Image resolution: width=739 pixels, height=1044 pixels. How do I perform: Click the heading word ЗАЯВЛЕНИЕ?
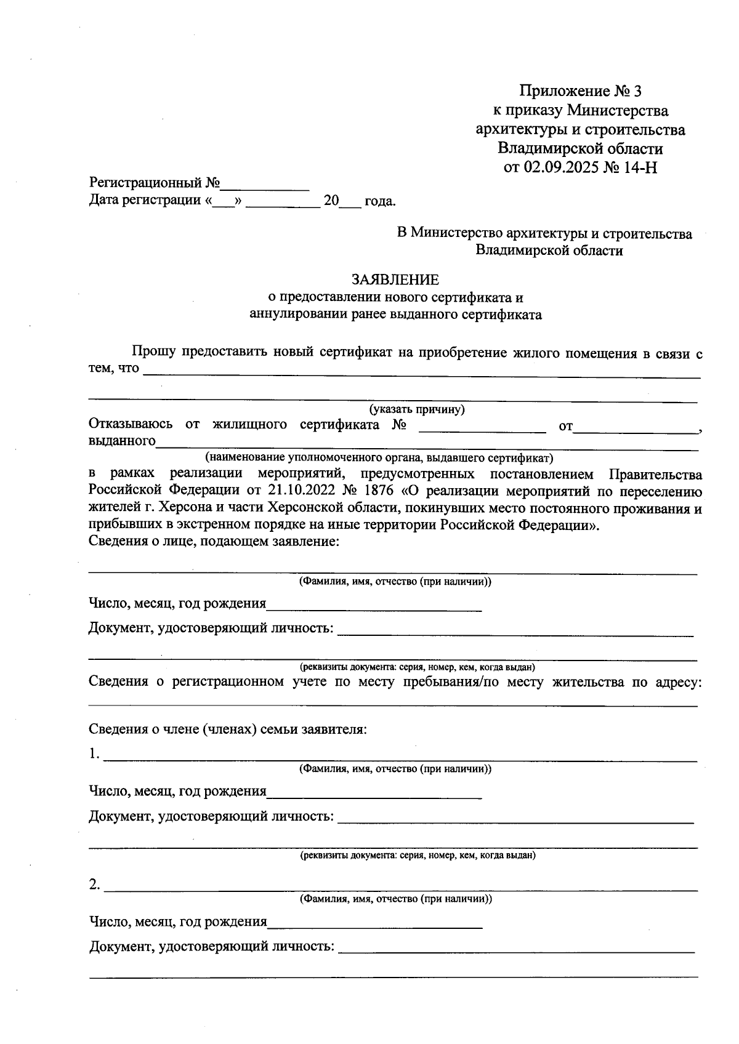(395, 280)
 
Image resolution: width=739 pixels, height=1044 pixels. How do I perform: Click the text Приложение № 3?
(580, 92)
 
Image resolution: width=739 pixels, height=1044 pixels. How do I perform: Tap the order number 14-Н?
(640, 167)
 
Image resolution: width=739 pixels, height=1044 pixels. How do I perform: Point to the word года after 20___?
(379, 201)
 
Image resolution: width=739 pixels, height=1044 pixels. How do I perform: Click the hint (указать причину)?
(416, 409)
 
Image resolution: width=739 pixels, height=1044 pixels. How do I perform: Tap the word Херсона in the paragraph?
(184, 508)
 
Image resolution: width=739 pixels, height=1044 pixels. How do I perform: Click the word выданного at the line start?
(122, 441)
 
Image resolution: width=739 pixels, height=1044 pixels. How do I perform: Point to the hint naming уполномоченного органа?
(379, 458)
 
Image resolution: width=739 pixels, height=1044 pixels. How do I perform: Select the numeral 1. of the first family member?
(94, 754)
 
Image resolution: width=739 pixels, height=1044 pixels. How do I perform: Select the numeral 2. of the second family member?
(94, 885)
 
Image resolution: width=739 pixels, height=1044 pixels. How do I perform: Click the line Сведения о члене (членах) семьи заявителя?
(228, 729)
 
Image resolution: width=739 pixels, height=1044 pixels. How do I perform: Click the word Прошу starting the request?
(154, 353)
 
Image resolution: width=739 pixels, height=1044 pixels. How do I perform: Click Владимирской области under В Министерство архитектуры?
(549, 251)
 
